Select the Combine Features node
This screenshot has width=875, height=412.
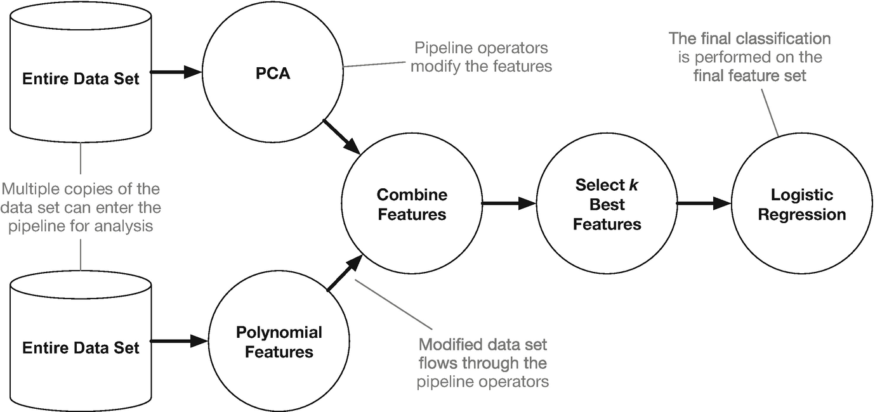coord(412,204)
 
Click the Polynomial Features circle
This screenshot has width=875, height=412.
coord(279,342)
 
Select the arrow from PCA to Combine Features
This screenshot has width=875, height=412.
coord(342,136)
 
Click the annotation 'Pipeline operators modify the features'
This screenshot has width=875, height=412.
coord(480,57)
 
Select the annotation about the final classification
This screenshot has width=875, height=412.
coord(749,57)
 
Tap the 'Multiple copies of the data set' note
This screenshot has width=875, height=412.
coord(81,207)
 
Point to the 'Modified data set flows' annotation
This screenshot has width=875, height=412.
coord(483,363)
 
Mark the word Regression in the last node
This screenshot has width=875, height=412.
coord(802,215)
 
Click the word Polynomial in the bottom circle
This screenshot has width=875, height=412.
coord(279,333)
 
